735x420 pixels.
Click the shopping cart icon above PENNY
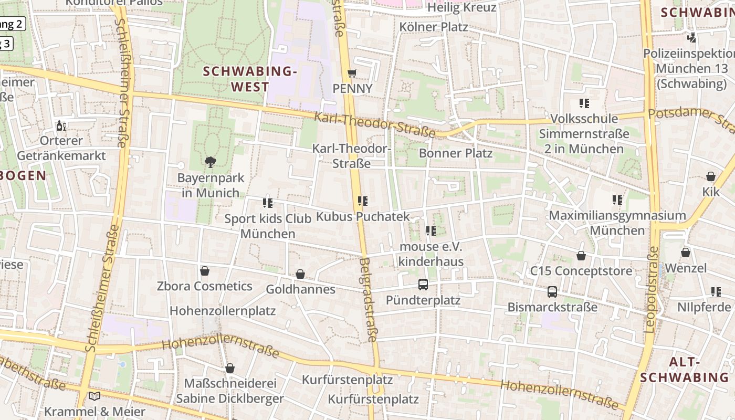tap(352, 73)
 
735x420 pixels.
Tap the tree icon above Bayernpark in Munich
tap(211, 162)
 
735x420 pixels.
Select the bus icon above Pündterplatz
tap(423, 285)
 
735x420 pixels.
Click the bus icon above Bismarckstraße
tap(552, 292)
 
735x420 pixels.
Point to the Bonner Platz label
tap(455, 153)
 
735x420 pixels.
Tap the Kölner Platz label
tap(433, 27)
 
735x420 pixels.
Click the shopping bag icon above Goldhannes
tap(300, 274)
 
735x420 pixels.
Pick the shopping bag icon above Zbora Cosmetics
tap(205, 271)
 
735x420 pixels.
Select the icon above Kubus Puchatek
tap(362, 201)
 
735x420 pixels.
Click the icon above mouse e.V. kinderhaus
tap(431, 231)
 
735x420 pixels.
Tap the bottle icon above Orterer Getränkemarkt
tap(61, 126)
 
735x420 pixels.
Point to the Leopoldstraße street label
tap(652, 289)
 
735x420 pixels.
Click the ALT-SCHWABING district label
tap(685, 370)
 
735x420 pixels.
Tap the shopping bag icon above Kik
tap(711, 176)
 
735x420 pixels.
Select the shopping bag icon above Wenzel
tap(686, 253)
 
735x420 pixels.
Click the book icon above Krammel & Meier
tap(94, 396)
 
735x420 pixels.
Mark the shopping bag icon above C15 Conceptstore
tap(581, 256)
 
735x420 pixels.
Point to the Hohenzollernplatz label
tap(223, 310)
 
